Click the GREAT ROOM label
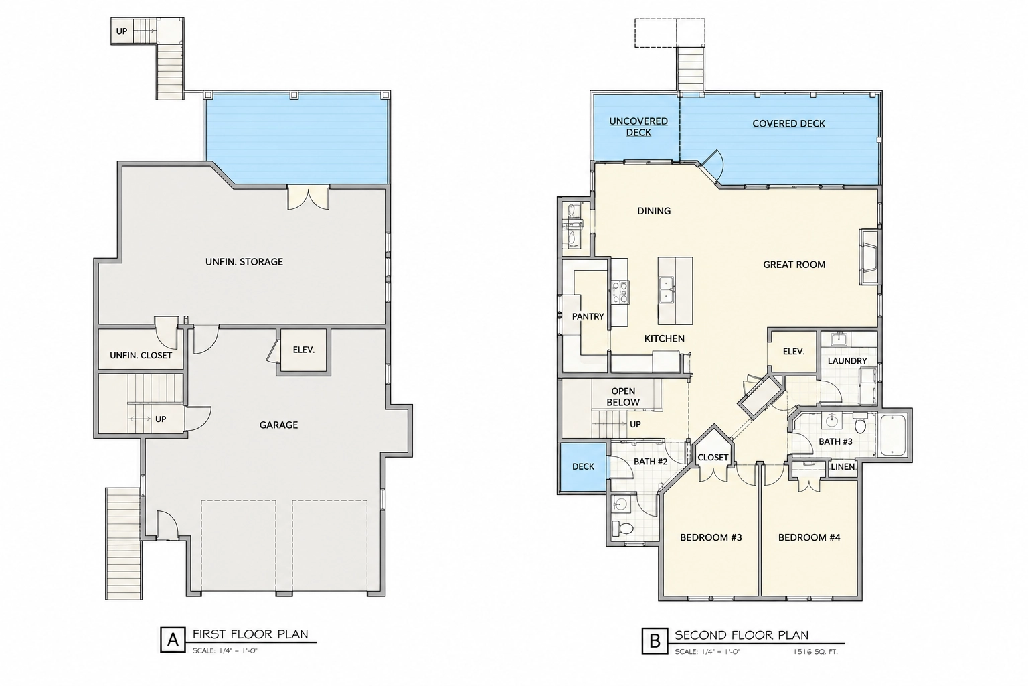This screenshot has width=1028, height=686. pos(794,265)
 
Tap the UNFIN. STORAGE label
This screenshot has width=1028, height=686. pos(244,262)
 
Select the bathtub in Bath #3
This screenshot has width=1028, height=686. pos(893,435)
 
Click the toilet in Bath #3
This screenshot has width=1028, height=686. pos(859,423)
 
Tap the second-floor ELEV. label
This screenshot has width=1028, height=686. pos(794,352)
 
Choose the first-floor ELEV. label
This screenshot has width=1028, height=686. pos(304,350)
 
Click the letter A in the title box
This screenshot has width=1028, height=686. pos(173,640)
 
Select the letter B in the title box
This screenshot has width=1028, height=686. pos(655,640)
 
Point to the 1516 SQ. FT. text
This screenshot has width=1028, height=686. pos(816,652)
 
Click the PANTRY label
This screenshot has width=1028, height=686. pos(588,317)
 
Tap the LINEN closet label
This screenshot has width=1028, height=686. pos(843,467)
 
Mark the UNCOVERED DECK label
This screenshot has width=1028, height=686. pos(638,127)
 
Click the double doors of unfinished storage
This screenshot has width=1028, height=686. pos(309,197)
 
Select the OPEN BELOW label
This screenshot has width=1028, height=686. pos(623,397)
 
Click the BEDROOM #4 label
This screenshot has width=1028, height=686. pos(809,537)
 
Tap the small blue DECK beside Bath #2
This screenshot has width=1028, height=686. pos(584,467)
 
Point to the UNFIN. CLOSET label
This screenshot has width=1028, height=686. pos(141,356)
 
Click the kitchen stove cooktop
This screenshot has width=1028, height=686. pos(620,292)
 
